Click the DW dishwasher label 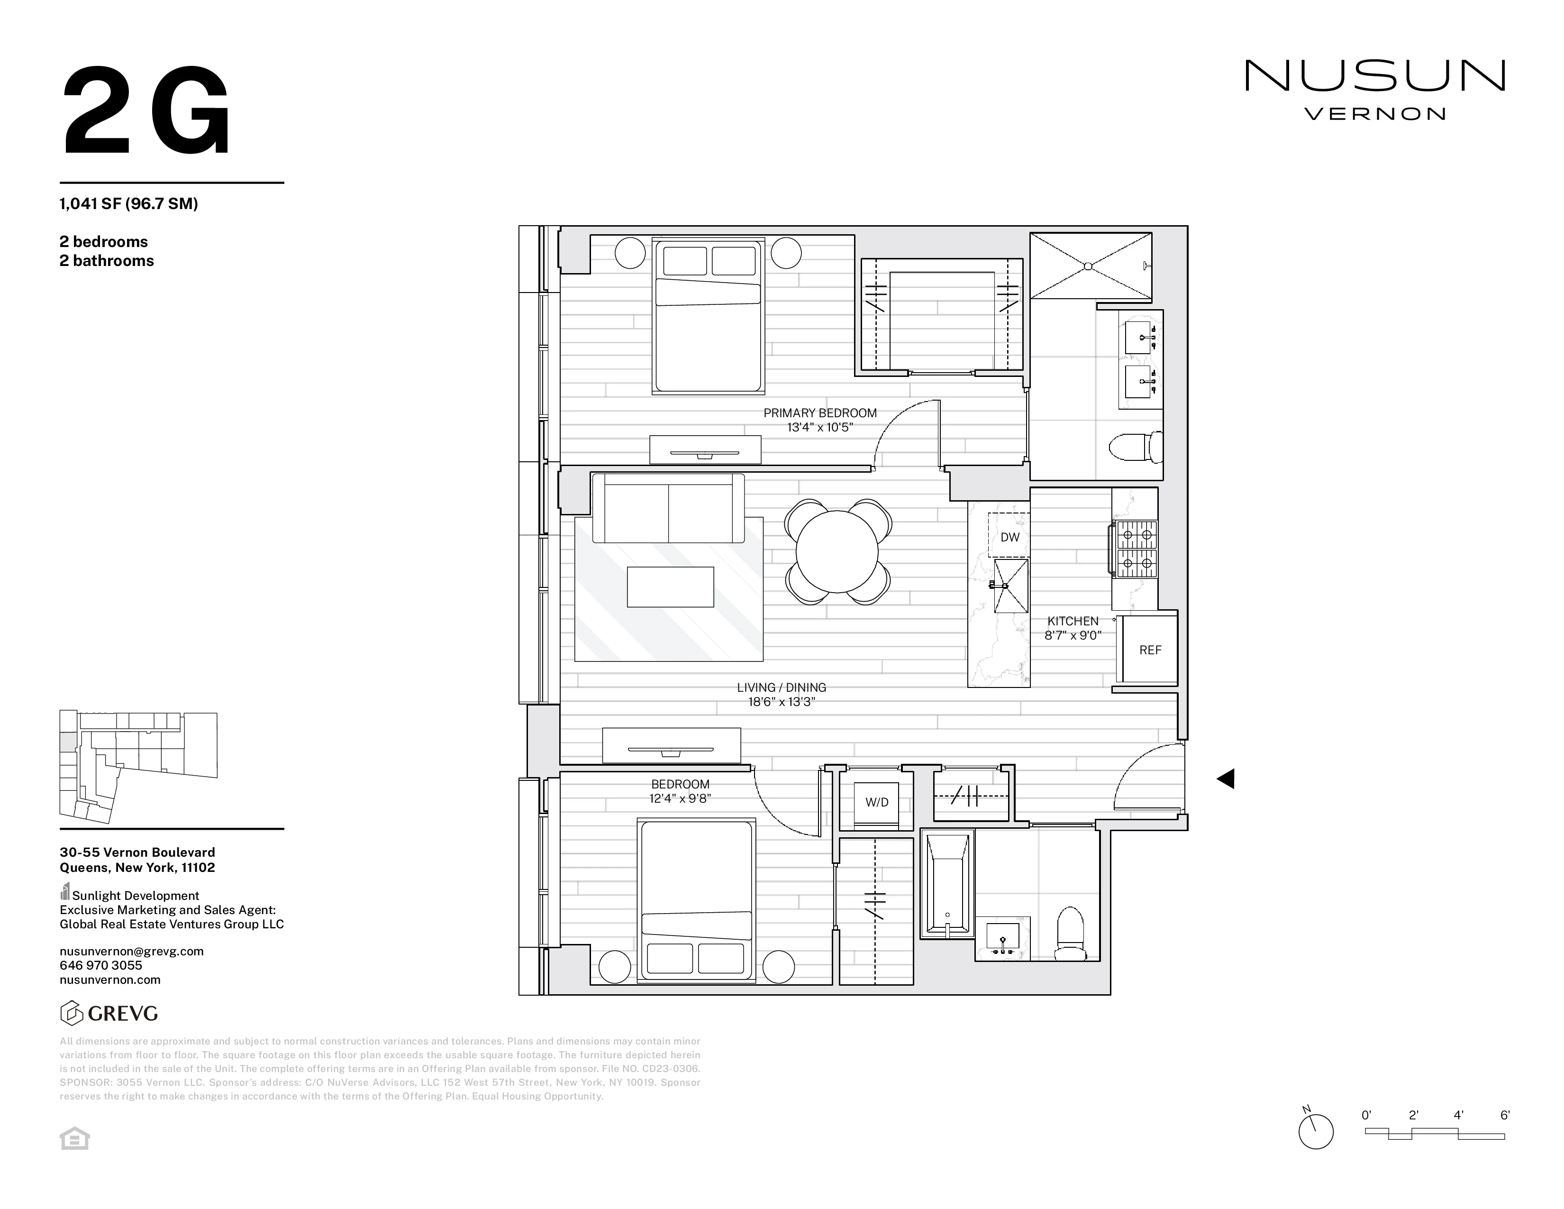(x=1009, y=537)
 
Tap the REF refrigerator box (x=1149, y=650)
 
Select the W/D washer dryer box (x=876, y=802)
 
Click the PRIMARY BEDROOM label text (x=820, y=413)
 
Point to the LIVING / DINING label (x=781, y=687)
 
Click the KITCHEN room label (x=1072, y=621)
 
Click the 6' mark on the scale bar (x=1505, y=1115)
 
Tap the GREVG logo (x=109, y=1013)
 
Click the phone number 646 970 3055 (x=101, y=965)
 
